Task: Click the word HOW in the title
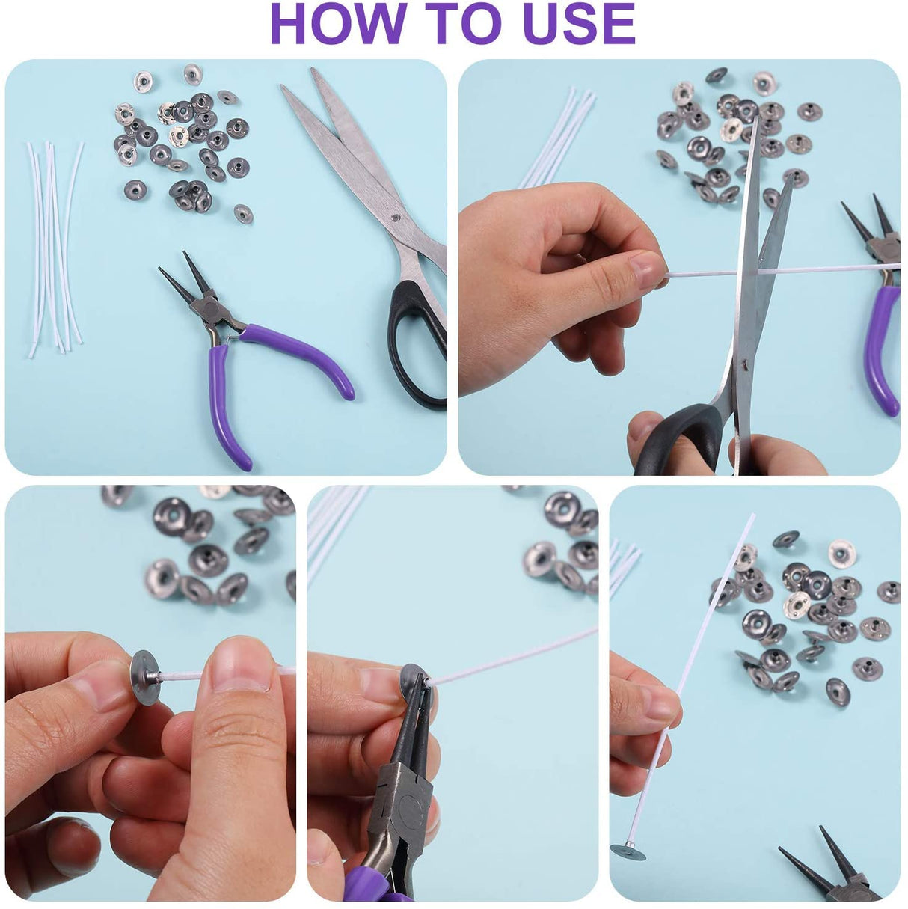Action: (339, 24)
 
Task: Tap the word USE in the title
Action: (579, 24)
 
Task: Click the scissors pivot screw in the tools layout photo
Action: (396, 218)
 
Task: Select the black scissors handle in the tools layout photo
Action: (415, 344)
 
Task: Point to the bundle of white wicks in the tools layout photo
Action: (55, 248)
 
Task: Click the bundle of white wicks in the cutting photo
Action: (556, 137)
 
